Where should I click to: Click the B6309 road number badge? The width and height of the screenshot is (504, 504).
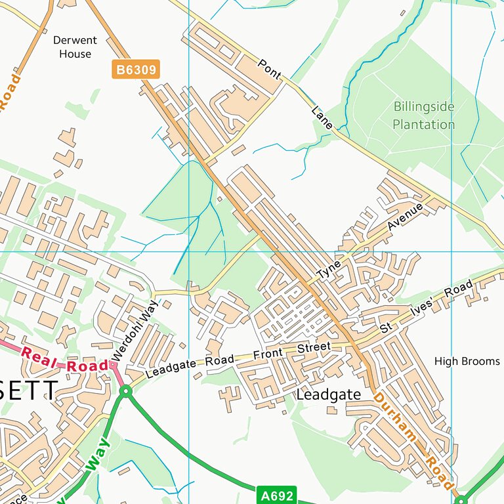136,70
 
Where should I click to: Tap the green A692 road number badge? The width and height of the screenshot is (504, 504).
276,495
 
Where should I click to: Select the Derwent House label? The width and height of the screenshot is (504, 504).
75,47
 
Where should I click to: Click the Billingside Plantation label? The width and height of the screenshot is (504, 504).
423,115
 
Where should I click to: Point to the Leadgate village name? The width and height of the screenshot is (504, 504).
329,394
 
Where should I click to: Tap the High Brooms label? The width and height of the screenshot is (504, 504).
467,361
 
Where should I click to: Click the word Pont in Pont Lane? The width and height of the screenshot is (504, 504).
270,70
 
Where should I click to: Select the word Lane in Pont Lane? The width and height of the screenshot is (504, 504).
323,116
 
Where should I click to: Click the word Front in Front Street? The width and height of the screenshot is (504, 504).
271,354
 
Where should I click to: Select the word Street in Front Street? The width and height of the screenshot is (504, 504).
314,348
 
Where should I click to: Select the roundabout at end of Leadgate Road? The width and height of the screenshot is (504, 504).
126,392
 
